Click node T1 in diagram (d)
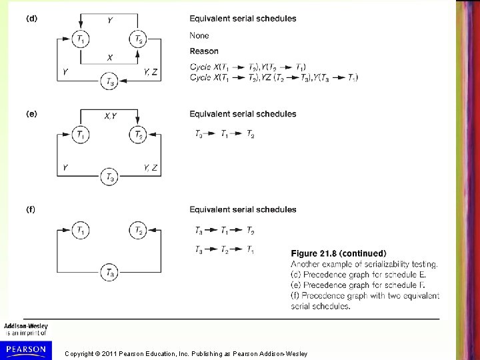81,40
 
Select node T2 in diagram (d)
137,40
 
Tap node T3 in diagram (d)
109,82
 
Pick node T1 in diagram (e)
81,135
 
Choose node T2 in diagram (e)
137,135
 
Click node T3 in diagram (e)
109,177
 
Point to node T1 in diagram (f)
81,231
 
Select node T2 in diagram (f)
137,231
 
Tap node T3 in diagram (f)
109,272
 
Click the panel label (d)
31,19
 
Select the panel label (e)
31,114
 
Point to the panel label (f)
31,209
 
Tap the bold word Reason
203,51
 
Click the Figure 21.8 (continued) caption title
338,253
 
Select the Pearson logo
25,349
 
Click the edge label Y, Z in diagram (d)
151,71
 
